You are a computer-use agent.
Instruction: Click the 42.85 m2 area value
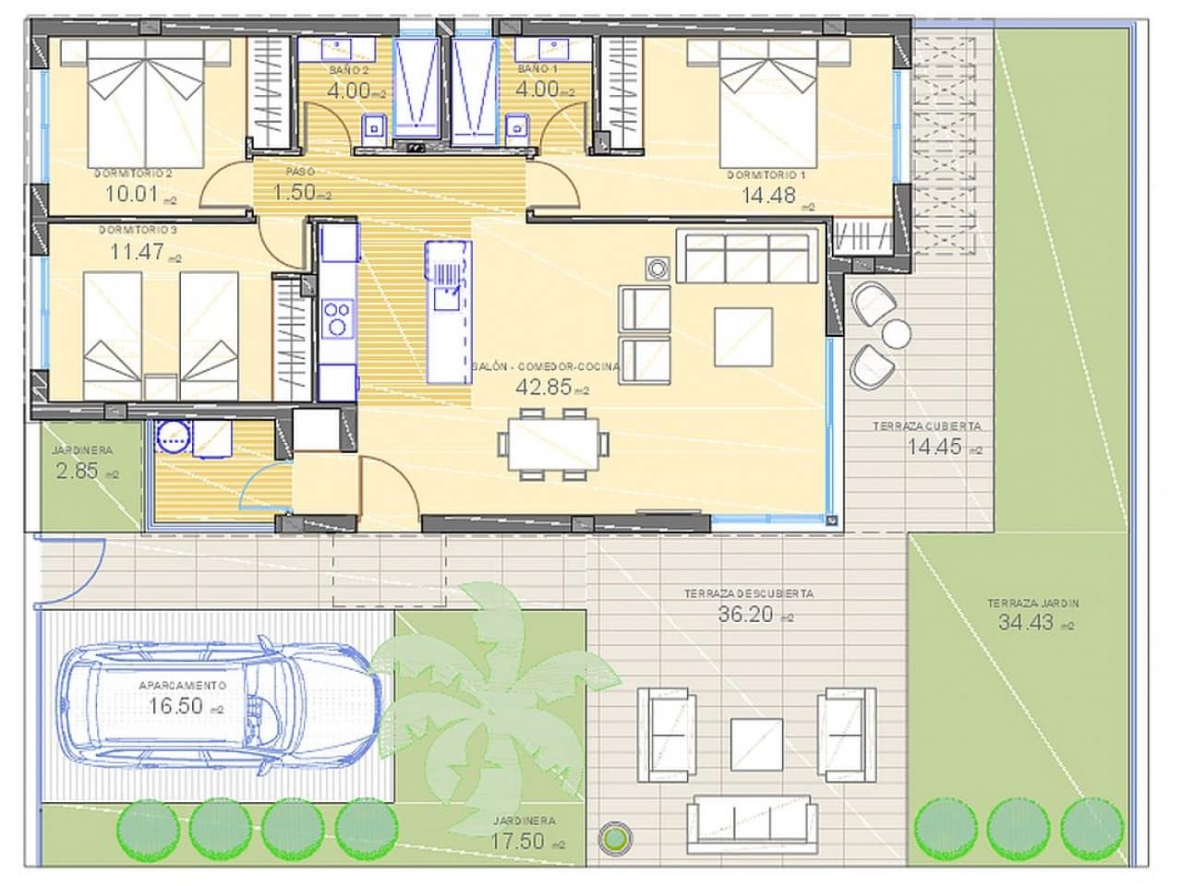tap(544, 388)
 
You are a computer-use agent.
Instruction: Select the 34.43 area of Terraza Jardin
tap(1025, 623)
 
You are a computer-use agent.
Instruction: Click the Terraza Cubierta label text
tap(926, 426)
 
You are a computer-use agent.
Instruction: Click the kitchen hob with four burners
tap(338, 318)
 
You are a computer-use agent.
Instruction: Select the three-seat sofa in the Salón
tap(746, 256)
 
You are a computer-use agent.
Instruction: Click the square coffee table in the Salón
tap(743, 338)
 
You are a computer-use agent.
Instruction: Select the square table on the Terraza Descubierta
tap(756, 744)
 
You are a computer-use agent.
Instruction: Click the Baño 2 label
tap(348, 70)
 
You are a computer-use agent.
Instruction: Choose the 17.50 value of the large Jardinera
tap(515, 841)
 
